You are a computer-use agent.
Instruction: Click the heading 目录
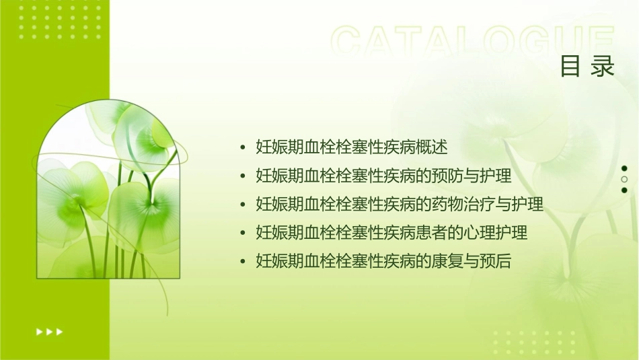[587, 67]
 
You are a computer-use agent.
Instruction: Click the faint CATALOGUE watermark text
[473, 42]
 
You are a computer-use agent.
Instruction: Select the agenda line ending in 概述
[352, 147]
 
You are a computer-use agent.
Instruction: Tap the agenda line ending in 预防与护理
[384, 176]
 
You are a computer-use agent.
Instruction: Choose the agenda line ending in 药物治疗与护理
[400, 204]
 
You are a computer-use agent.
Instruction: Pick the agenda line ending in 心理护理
[391, 233]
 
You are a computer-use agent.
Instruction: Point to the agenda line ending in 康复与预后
[384, 261]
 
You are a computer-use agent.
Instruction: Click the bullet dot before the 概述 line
[243, 147]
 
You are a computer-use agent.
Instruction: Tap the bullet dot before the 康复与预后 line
[243, 262]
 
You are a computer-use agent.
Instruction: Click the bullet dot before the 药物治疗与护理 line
[243, 205]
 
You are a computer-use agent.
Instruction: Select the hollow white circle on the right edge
[624, 180]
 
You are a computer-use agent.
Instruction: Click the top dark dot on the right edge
[624, 168]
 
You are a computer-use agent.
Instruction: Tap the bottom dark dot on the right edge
[624, 190]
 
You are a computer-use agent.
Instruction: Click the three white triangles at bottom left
[49, 332]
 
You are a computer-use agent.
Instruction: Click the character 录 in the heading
[603, 67]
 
